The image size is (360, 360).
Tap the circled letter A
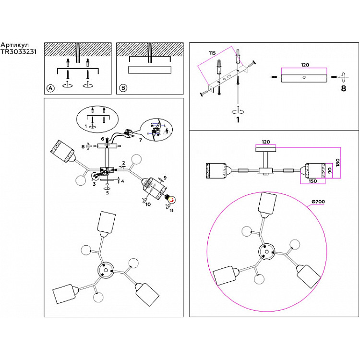click(50, 88)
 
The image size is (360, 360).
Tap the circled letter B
click(123, 88)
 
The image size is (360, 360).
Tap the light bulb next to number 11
click(169, 197)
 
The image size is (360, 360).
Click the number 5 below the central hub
click(108, 193)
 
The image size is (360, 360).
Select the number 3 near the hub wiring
click(94, 183)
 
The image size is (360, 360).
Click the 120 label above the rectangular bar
click(304, 65)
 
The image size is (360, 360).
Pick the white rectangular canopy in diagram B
click(149, 70)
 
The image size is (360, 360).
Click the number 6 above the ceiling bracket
click(102, 139)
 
